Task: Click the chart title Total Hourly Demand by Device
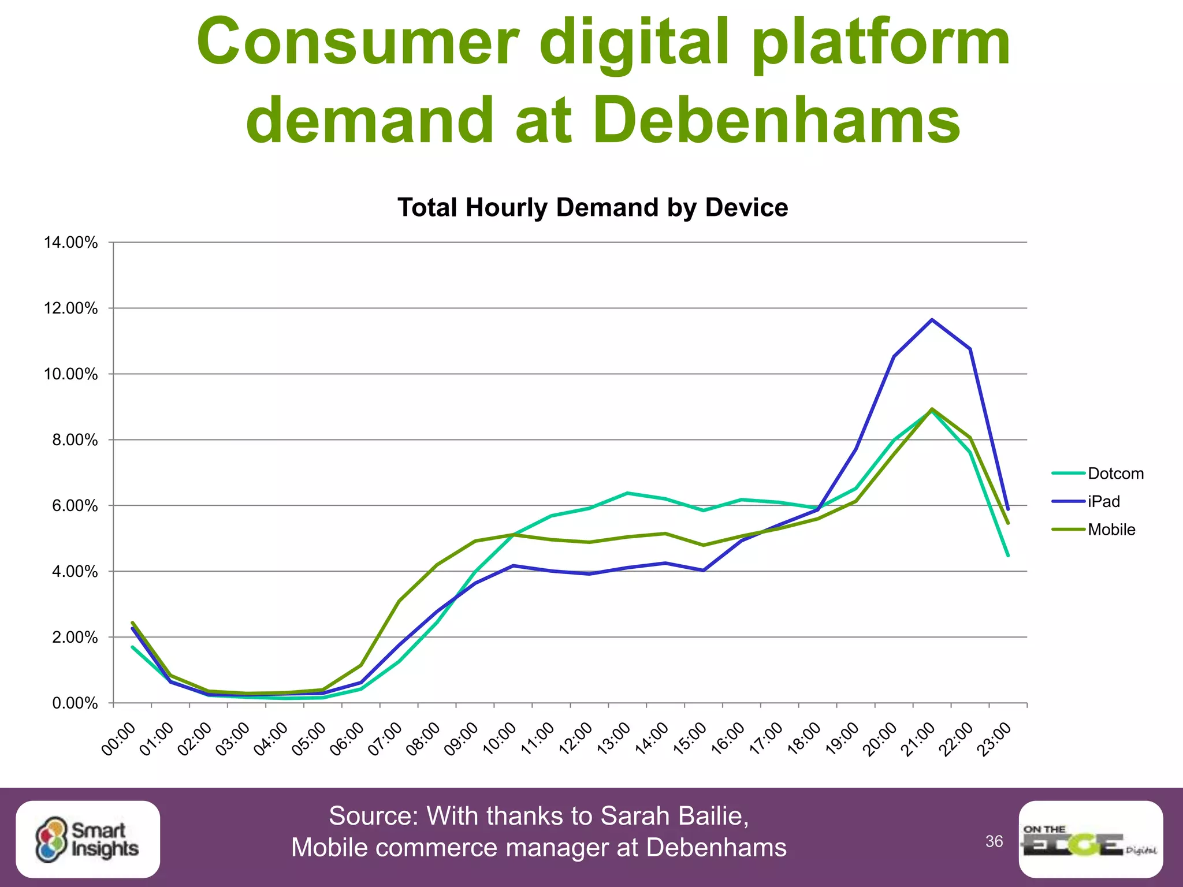pos(593,208)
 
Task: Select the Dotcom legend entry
pos(1115,474)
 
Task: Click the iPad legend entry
pos(1103,501)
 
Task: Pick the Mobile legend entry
pos(1111,530)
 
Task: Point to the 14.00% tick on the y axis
pos(71,243)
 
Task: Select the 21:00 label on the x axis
pos(918,739)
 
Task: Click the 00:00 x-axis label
pos(119,739)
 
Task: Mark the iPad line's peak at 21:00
pos(932,320)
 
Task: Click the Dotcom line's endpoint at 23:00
pos(1008,556)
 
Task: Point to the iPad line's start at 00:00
pos(133,628)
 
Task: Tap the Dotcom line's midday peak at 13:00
pos(628,493)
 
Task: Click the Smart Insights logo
pos(88,840)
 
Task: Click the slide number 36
pos(994,841)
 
